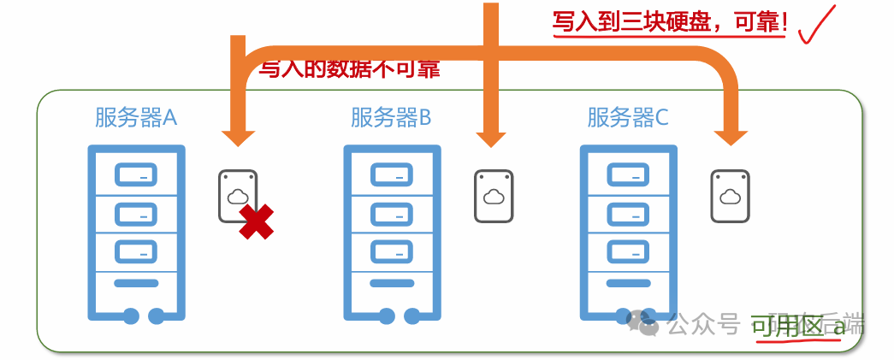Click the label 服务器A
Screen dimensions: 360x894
pos(136,117)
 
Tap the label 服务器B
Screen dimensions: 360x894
pos(391,117)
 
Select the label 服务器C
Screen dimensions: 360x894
pos(628,117)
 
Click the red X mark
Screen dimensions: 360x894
pos(257,222)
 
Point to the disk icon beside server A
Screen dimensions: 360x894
pos(236,195)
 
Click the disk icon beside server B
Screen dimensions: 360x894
pos(494,196)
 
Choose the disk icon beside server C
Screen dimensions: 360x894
pos(730,196)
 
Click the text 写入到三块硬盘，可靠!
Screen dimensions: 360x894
pos(670,21)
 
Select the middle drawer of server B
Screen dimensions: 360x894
pos(391,212)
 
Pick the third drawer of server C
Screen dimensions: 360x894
pos(628,251)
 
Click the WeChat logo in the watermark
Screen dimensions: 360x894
pos(642,322)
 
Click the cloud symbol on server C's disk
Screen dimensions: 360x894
pos(730,197)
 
